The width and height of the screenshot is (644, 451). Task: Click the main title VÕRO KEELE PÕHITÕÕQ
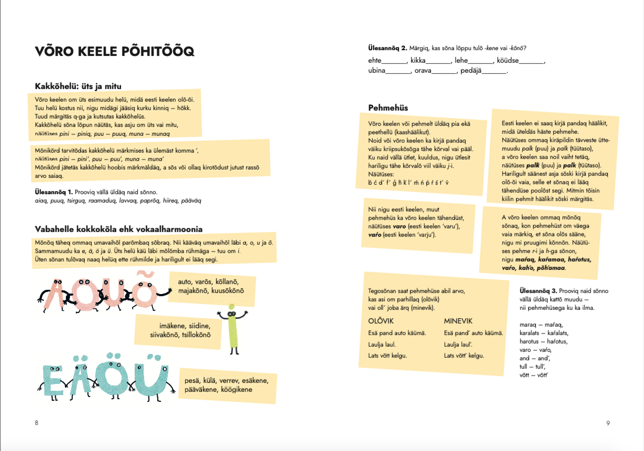[x=114, y=51]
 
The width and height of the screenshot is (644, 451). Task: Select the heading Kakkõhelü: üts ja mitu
[x=78, y=86]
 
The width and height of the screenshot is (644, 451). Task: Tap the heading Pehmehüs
[x=388, y=108]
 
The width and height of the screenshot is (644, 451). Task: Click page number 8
[x=37, y=423]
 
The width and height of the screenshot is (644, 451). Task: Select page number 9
[x=608, y=423]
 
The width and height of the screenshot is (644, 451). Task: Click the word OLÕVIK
[x=381, y=321]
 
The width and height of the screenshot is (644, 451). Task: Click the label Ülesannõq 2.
[x=388, y=48]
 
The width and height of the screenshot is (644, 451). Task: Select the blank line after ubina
[x=398, y=71]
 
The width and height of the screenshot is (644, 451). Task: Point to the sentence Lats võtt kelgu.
[x=387, y=356]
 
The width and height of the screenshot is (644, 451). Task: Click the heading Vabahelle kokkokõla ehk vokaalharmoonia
[x=118, y=229]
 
